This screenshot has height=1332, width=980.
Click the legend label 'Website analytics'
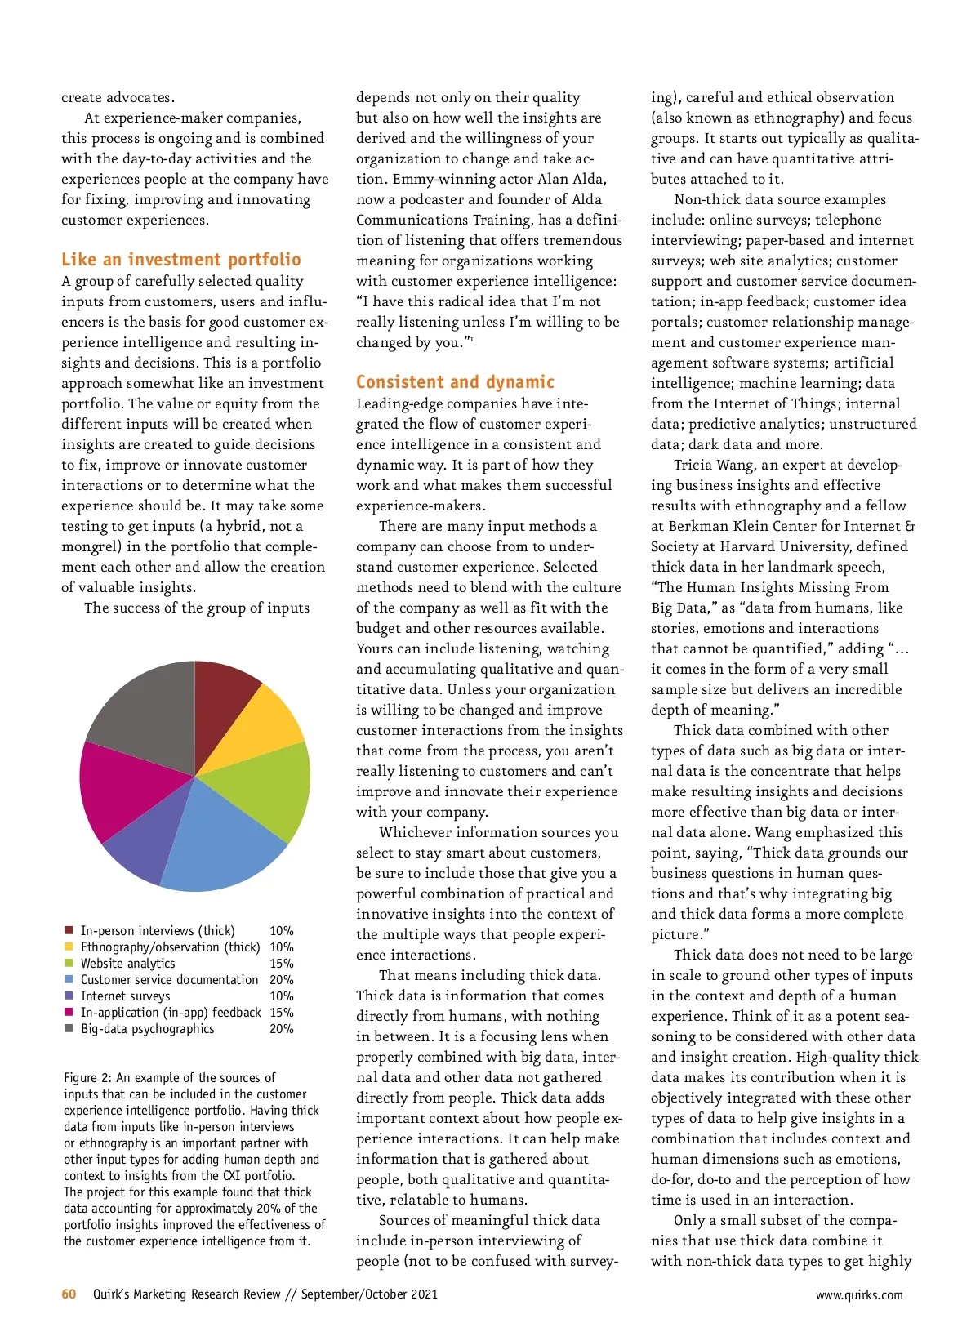click(127, 964)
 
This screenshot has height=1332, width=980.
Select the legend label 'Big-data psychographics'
click(147, 1029)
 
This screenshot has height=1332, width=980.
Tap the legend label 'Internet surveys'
click(125, 996)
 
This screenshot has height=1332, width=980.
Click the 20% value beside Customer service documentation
click(282, 980)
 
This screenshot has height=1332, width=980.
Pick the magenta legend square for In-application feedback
click(69, 1013)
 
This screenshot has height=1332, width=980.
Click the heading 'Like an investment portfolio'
click(181, 260)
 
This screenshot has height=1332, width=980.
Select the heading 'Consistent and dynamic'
click(455, 382)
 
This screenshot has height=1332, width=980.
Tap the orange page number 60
click(69, 1294)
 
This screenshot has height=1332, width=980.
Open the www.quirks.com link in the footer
click(859, 1294)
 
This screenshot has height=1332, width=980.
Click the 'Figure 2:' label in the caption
click(88, 1078)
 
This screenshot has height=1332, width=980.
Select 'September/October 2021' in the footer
click(369, 1294)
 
